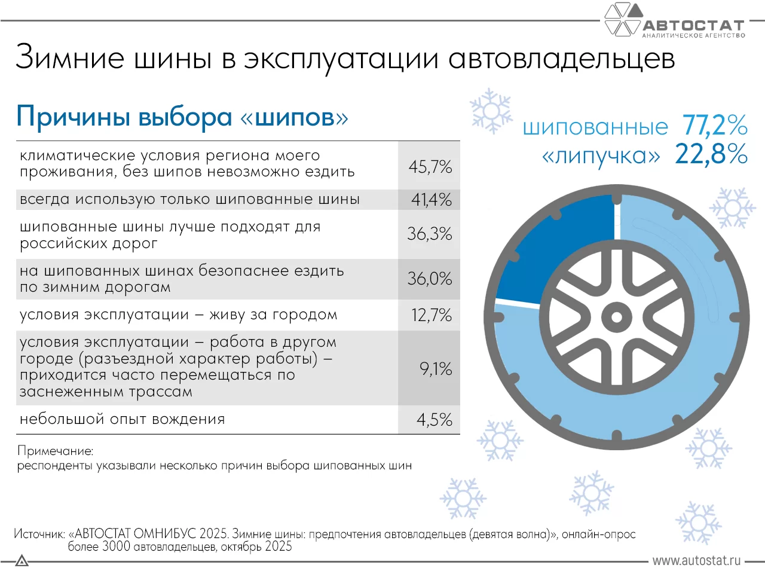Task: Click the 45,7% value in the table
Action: pos(430,166)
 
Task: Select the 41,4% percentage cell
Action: pos(431,200)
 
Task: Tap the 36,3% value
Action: pos(429,234)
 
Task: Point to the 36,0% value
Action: pos(429,279)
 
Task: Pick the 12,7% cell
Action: pos(431,315)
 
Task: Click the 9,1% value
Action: pos(435,368)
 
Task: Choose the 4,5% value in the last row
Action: pos(434,420)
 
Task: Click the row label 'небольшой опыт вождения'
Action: pos(122,419)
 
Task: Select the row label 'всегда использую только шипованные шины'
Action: pos(189,199)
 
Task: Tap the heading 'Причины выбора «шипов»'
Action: pos(182,117)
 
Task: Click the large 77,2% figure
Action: pos(715,126)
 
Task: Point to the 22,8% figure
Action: pos(711,154)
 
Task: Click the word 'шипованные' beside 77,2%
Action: pos(595,127)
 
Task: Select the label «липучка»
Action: pos(601,156)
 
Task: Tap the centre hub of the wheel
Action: pos(616,317)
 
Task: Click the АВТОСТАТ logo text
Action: pos(693,25)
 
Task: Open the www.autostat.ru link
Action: pos(696,561)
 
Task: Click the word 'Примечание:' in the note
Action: pos(55,451)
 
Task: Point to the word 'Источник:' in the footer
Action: pos(39,534)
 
